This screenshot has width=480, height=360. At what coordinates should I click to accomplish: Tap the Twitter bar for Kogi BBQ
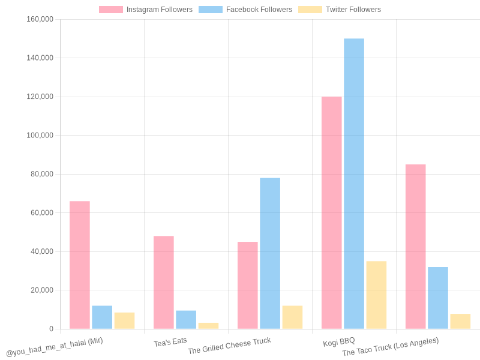[x=376, y=295]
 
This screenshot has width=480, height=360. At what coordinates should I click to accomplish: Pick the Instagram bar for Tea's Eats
[x=163, y=282]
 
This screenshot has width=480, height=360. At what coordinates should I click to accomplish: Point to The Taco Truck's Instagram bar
[x=415, y=247]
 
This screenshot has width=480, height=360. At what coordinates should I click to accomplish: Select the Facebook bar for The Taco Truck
[x=438, y=298]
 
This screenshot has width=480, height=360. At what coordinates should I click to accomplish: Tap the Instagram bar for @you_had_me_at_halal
[x=79, y=265]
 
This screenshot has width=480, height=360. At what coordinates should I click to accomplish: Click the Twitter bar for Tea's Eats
[x=208, y=326]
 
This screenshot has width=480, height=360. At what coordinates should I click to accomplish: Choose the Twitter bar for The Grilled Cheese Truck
[x=292, y=317]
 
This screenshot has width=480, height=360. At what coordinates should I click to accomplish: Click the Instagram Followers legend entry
[x=146, y=10]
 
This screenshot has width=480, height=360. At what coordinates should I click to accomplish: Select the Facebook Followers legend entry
[x=245, y=10]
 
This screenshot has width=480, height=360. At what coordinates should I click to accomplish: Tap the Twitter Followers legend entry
[x=340, y=10]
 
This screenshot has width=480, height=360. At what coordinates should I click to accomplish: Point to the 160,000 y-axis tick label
[x=40, y=19]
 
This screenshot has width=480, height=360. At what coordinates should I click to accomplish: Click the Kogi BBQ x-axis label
[x=339, y=341]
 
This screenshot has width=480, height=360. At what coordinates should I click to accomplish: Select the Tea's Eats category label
[x=170, y=341]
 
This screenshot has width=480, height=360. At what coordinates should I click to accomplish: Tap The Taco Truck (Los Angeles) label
[x=390, y=346]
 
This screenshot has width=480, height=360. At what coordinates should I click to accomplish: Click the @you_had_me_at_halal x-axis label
[x=55, y=347]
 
